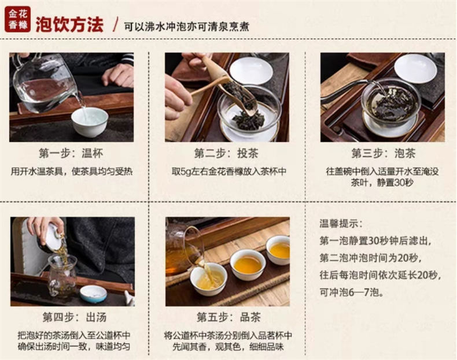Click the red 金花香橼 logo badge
click(17, 19)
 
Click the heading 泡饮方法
click(69, 25)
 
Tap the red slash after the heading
click(116, 24)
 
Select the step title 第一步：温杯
click(71, 153)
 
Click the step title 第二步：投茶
click(226, 153)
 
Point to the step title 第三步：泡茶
click(384, 153)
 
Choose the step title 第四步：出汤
click(74, 317)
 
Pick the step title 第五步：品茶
click(228, 317)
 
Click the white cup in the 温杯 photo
click(90, 123)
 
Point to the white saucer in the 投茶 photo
click(251, 70)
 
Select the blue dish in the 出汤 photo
click(94, 294)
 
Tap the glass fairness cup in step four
click(62, 275)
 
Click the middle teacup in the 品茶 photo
click(248, 264)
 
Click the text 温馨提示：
click(341, 224)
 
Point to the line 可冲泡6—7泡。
click(352, 292)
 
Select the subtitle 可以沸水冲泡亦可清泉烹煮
click(186, 26)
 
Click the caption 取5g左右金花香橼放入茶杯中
click(229, 172)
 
